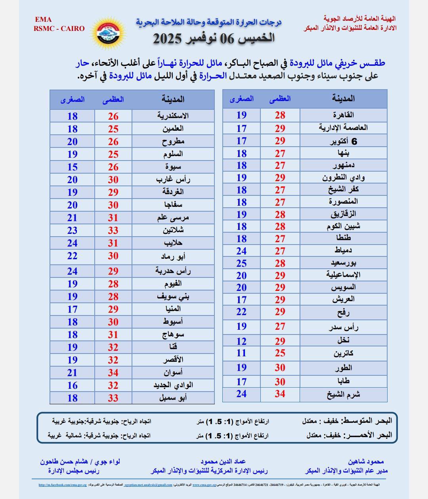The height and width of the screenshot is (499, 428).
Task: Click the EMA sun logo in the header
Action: click(x=108, y=32)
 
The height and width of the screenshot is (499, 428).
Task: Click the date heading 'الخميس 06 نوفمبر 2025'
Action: click(x=214, y=38)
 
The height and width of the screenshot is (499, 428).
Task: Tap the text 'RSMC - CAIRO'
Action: click(x=59, y=29)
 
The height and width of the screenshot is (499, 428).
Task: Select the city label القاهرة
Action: click(x=343, y=115)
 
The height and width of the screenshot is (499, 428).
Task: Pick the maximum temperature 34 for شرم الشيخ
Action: click(x=280, y=394)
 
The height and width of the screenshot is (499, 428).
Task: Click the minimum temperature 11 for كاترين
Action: click(x=241, y=353)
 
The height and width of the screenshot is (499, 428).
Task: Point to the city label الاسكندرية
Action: click(x=173, y=116)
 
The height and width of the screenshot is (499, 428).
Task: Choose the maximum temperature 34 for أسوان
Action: click(x=113, y=373)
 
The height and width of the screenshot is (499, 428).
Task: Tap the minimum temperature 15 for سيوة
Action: click(x=72, y=167)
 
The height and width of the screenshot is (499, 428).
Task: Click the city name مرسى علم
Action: click(x=173, y=218)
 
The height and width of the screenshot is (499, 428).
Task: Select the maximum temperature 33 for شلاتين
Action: click(x=113, y=230)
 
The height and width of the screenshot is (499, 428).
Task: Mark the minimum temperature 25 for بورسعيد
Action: click(x=241, y=263)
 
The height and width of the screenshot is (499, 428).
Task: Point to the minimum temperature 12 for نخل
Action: click(x=241, y=341)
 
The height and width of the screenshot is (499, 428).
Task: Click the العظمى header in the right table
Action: click(x=280, y=99)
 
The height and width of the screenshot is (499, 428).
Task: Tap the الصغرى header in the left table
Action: click(x=72, y=99)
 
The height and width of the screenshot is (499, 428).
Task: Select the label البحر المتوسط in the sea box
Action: click(x=367, y=421)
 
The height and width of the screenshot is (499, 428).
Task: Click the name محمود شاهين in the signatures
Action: click(x=366, y=462)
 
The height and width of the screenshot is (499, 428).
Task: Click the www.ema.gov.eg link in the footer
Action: click(x=204, y=485)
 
